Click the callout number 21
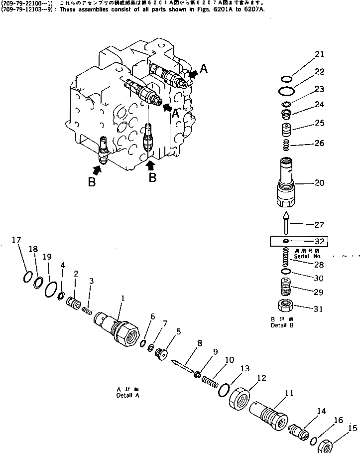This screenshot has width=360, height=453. coord(319,54)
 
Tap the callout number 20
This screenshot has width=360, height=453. coord(319,183)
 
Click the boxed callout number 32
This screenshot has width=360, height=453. coord(319,241)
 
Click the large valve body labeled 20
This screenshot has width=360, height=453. coord(286,184)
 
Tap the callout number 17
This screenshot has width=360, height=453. coord(16,240)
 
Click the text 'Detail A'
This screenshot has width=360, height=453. coord(128,395)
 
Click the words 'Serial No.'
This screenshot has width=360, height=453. coord(304,256)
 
